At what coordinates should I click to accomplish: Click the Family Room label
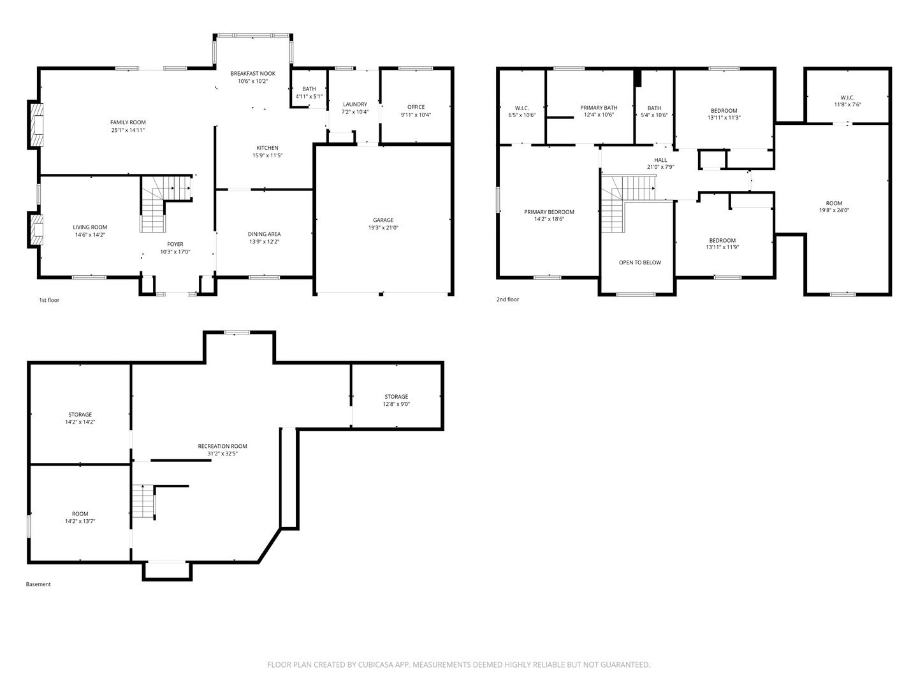coord(128,122)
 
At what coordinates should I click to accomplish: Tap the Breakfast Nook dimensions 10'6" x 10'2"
coord(252,81)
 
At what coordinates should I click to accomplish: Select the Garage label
coord(383,220)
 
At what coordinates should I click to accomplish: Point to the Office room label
coord(416,107)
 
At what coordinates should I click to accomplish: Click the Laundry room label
coord(355,104)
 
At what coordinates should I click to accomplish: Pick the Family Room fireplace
coord(36,124)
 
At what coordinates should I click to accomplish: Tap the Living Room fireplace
coord(36,230)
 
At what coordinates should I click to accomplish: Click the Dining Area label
coord(264,234)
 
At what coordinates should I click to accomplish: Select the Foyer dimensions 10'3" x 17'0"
coord(175,252)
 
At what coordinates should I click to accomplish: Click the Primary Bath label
coord(599,108)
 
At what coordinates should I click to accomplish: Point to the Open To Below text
coord(640,262)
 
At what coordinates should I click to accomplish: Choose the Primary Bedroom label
coord(549,211)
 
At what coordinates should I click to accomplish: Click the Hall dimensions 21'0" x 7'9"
coord(660,167)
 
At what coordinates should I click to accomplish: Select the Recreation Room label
coord(222,446)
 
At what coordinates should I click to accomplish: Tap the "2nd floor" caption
coord(507,299)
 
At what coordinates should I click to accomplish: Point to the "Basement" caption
coord(38,584)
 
